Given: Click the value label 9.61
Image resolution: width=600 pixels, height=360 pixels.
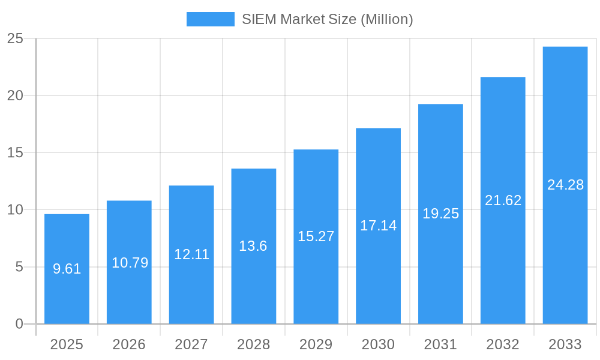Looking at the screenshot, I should point(67,269).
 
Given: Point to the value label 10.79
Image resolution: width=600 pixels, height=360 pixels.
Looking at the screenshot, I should point(130,263).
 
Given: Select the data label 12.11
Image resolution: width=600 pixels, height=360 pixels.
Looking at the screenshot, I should point(191,254).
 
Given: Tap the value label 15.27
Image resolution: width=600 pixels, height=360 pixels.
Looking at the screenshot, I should point(316,236).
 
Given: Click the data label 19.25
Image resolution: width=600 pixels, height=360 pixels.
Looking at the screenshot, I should point(440,214).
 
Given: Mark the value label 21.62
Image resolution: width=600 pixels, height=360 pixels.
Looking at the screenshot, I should point(503,200).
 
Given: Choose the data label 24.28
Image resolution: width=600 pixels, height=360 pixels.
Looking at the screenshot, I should point(565,185).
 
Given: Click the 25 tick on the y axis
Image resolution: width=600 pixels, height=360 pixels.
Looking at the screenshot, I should point(15,38).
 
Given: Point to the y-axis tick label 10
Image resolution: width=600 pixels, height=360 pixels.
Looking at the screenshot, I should point(15,209).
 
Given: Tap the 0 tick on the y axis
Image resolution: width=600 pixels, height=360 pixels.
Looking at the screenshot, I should point(19,324).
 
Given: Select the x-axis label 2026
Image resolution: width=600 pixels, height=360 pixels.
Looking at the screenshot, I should point(129,344).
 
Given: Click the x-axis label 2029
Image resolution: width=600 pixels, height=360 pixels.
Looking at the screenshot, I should point(316,344).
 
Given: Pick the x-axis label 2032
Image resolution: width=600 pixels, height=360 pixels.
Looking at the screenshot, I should point(503,344).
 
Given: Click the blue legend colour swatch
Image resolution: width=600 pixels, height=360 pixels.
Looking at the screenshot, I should point(210,19).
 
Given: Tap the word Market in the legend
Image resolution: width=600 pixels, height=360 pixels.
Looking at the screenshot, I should point(303,19).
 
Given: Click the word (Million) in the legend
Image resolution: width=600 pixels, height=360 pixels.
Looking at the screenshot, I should point(386,19).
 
